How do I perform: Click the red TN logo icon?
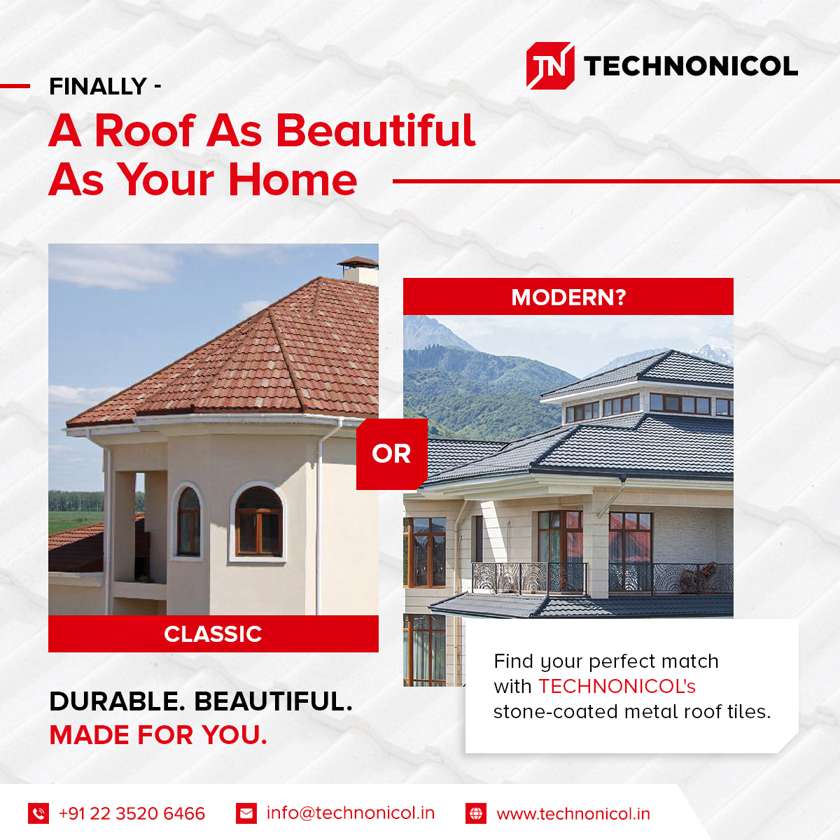coord(550,66)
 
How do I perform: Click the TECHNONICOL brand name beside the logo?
coord(690,66)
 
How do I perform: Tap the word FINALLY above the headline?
coord(98,87)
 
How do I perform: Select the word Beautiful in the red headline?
coord(376,131)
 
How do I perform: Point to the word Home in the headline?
coord(293,180)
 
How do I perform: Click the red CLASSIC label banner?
coord(213,634)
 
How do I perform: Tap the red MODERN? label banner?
coord(568,297)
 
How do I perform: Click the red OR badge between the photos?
coord(391,454)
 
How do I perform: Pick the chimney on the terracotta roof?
coord(358,269)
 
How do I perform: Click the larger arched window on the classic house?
coord(258,521)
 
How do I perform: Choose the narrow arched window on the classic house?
coord(188,521)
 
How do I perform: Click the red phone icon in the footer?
coord(38,813)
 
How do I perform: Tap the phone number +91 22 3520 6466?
coord(132,813)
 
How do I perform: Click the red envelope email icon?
coord(246,813)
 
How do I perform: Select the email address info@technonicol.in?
coord(351,813)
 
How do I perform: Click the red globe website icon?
coord(476,813)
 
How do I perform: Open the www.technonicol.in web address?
coord(573,814)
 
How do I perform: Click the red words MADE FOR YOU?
coord(158,735)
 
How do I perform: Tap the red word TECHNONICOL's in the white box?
coord(617,686)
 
